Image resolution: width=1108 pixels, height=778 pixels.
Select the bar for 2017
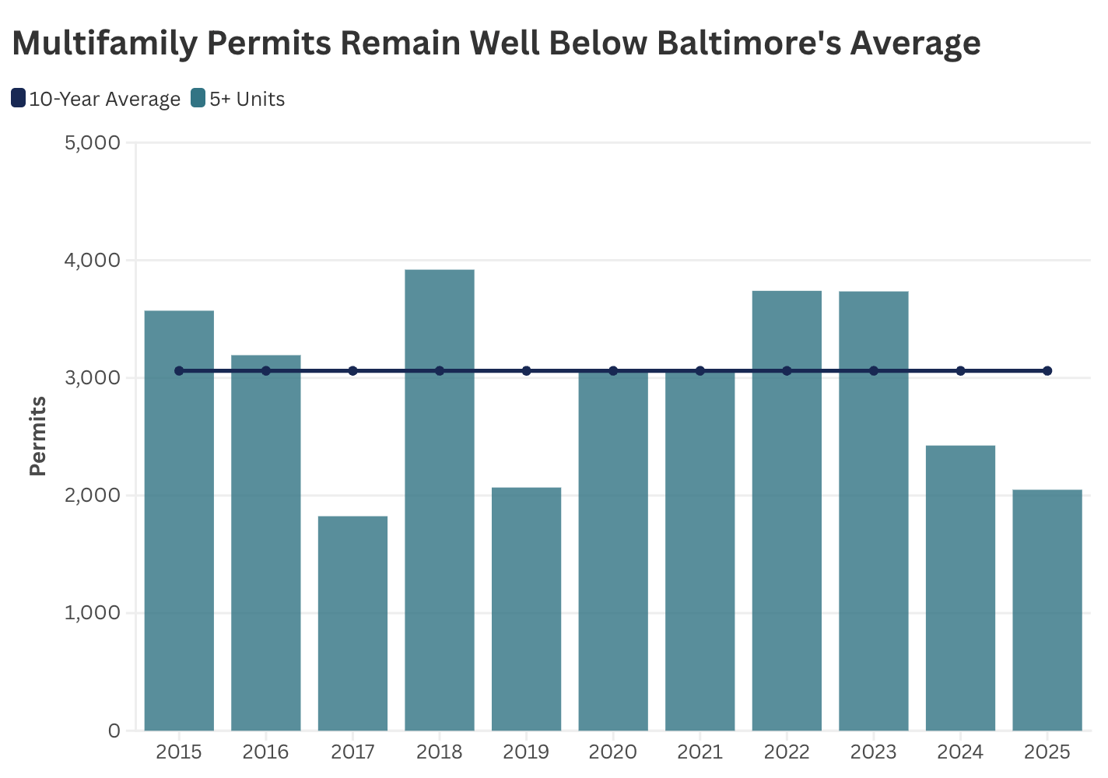pos(352,622)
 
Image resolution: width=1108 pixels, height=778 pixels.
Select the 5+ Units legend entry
pos(238,99)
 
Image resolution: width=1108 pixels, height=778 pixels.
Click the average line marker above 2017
pos(352,371)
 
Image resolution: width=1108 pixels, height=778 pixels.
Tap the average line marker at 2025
pos(1047,371)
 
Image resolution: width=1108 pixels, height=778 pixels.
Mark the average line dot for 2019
pos(526,371)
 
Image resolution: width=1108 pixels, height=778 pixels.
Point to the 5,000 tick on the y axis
pos(91,142)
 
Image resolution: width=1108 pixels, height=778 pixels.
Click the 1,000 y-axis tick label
pos(91,613)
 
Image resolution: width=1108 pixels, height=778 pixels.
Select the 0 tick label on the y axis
pos(114,731)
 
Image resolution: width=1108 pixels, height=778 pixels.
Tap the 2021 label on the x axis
pos(700,752)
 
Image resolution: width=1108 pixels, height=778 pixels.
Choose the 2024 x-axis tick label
pos(960,752)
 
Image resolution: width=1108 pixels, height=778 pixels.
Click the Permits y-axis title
pos(38,436)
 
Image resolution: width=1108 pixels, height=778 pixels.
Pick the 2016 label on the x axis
pos(265,752)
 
